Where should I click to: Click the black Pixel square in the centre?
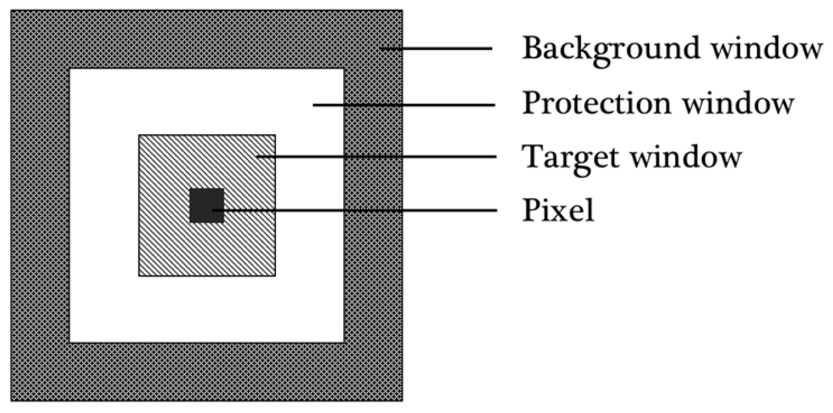pos(206,205)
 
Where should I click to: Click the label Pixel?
pos(558,211)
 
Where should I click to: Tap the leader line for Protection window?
pos(404,104)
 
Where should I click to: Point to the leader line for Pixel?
pos(359,210)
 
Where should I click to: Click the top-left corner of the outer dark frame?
pos(12,11)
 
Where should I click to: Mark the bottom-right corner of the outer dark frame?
pos(401,401)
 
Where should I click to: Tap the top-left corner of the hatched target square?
pos(139,135)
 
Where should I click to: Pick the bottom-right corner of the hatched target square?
pos(275,275)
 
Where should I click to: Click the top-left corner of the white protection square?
pos(70,69)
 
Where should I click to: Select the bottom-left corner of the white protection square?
pos(70,342)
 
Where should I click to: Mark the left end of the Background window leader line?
pos(381,49)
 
